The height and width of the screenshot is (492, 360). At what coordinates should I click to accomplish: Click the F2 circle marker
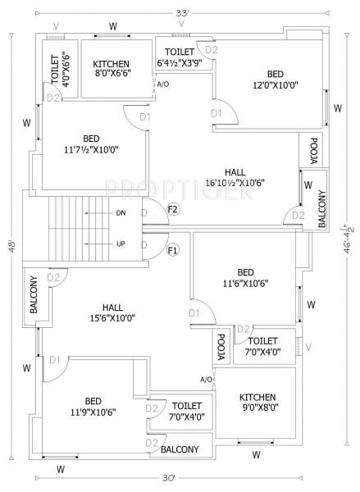173,209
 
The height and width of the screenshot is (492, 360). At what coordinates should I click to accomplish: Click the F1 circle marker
173,249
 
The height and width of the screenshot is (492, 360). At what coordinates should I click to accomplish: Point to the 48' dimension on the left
10,245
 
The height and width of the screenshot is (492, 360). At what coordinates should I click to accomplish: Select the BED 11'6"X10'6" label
245,278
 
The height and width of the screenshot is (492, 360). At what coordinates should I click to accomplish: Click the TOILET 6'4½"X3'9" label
179,56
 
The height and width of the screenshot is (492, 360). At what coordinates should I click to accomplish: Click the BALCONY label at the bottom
180,449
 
